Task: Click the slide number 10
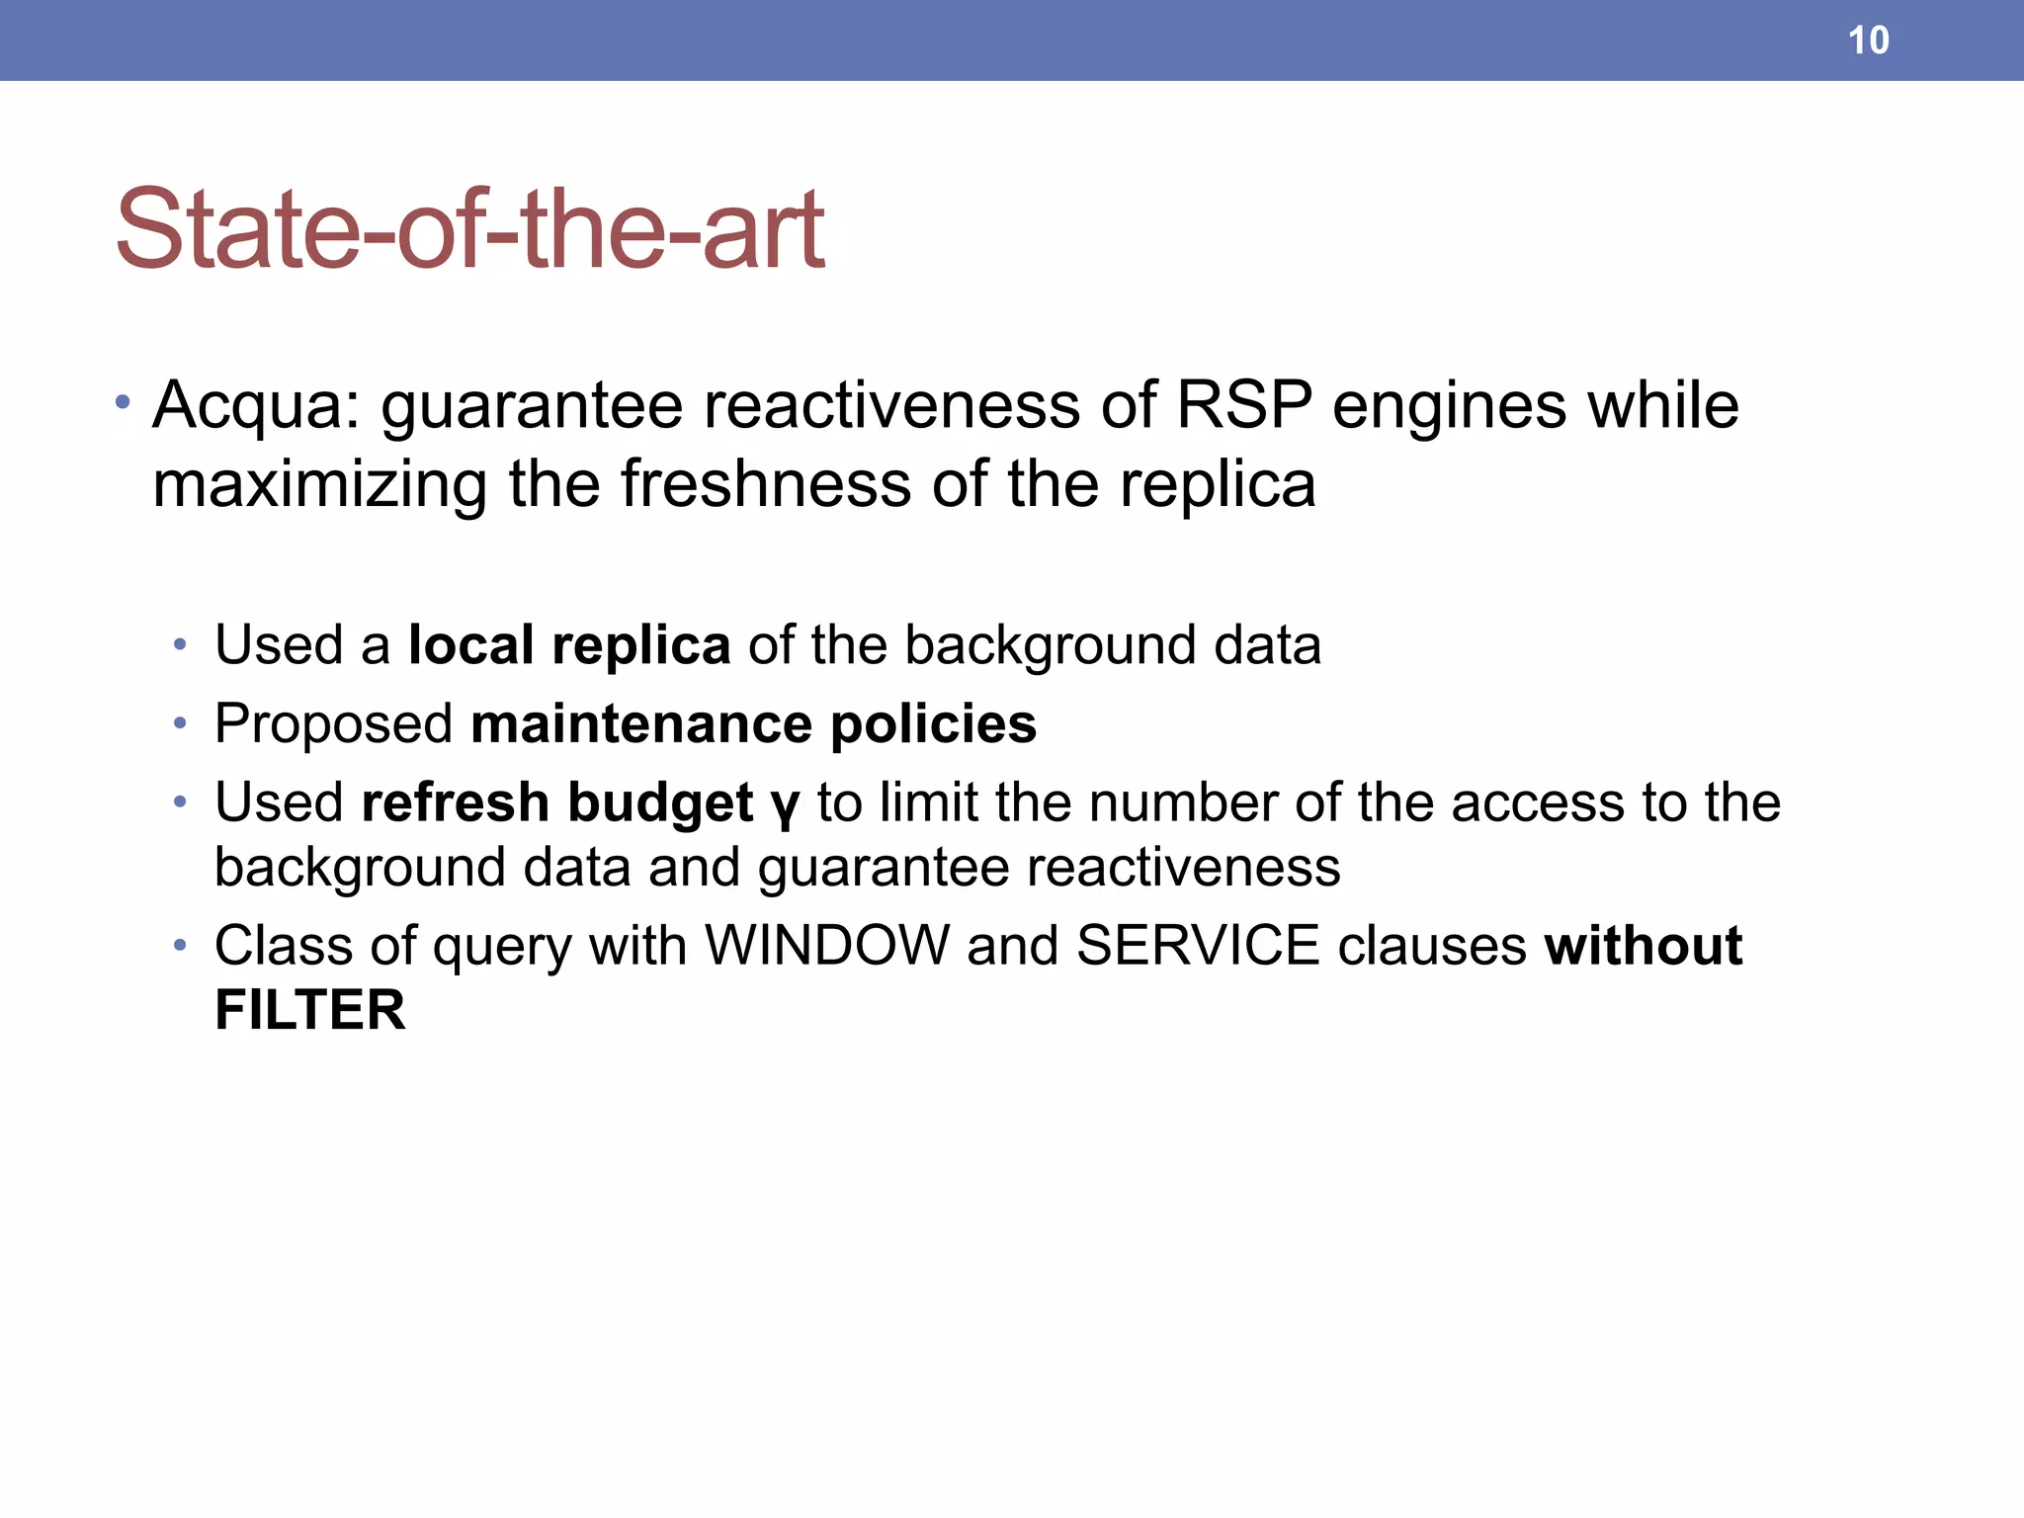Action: coord(1868,41)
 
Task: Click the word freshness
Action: coord(766,484)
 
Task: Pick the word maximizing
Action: coord(320,486)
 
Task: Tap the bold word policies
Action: coord(934,724)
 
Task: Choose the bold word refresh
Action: coord(455,801)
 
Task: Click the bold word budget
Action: coord(660,802)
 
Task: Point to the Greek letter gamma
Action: coord(785,805)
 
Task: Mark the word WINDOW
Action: coord(826,945)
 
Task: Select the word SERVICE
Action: coord(1198,945)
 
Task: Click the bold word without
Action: coord(1644,945)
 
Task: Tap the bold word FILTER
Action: coord(310,1010)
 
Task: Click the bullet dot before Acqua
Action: coord(123,402)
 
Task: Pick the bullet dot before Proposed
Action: coord(179,724)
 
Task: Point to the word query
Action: coord(502,947)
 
